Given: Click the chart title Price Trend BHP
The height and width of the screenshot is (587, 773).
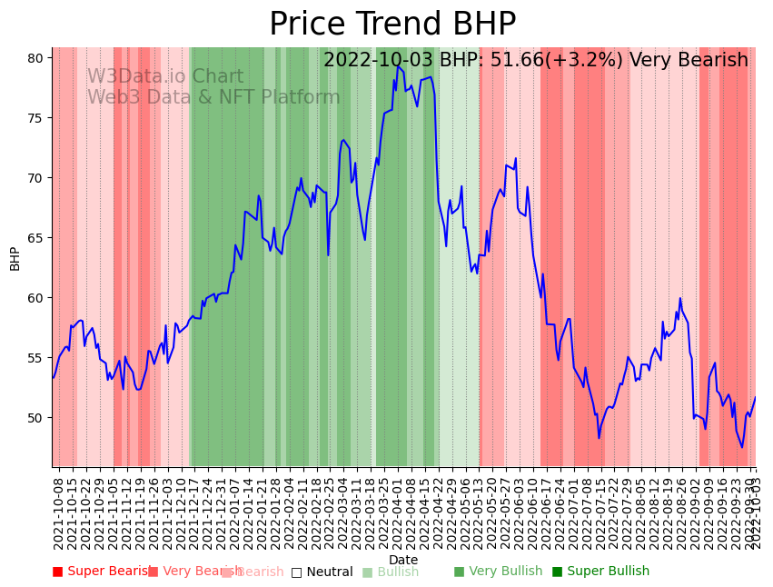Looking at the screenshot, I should (x=392, y=25).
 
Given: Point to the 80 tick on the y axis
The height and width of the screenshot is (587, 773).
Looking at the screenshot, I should (x=35, y=57).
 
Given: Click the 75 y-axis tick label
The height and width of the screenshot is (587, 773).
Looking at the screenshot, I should (x=35, y=117).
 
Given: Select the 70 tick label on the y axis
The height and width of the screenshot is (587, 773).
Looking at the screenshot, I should (x=35, y=177).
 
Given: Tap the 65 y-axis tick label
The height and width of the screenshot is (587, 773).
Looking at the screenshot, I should (x=35, y=237).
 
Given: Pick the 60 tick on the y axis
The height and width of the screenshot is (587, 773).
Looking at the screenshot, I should (x=35, y=297).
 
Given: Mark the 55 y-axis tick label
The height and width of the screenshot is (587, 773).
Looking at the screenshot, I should (x=35, y=357).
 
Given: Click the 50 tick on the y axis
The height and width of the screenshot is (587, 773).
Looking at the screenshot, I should (x=35, y=417).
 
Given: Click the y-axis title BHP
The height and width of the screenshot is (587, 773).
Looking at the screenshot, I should (x=15, y=258).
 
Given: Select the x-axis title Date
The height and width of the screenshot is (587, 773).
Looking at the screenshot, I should (x=403, y=560).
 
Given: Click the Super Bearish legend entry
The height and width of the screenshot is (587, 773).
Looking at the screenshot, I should (x=102, y=572).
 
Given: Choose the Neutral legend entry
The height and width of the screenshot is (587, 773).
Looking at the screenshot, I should (x=322, y=572).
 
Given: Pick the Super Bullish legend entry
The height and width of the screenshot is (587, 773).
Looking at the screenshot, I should (x=601, y=572).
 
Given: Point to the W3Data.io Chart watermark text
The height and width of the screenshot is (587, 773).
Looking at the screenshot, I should (x=165, y=77).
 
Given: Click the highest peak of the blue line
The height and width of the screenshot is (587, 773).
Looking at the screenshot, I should (x=397, y=65).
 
